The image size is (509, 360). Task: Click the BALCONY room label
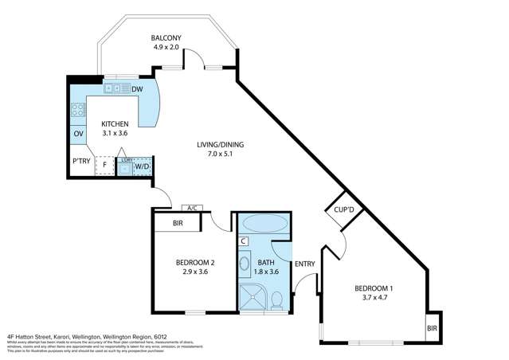click(x=166, y=37)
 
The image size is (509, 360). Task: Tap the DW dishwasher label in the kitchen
click(x=136, y=88)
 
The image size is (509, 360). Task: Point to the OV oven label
click(x=78, y=134)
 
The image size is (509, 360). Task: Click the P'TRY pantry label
click(x=80, y=161)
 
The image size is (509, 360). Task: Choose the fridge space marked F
click(x=104, y=166)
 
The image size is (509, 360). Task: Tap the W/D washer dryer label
click(x=141, y=166)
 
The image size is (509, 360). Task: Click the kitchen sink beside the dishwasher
click(x=117, y=88)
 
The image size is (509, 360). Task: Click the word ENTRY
click(x=304, y=264)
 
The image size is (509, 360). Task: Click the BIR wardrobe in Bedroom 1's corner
click(x=431, y=327)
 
